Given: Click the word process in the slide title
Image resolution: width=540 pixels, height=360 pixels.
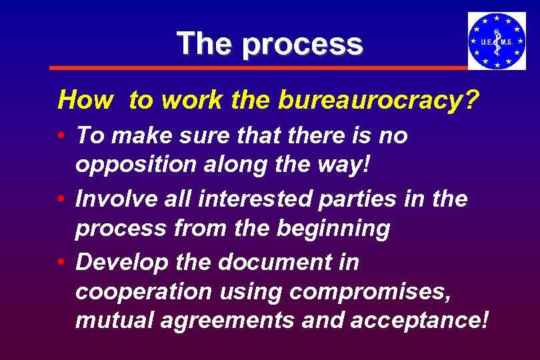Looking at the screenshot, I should pyautogui.click(x=303, y=45).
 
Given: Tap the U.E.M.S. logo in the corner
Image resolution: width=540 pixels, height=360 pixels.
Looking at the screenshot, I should pyautogui.click(x=497, y=41).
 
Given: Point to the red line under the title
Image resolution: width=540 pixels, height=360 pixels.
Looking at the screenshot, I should pyautogui.click(x=260, y=68).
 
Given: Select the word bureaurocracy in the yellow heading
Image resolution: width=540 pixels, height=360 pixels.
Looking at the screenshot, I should pyautogui.click(x=379, y=100).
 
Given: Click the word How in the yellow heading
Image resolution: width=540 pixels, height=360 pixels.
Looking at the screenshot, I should pyautogui.click(x=85, y=100).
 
